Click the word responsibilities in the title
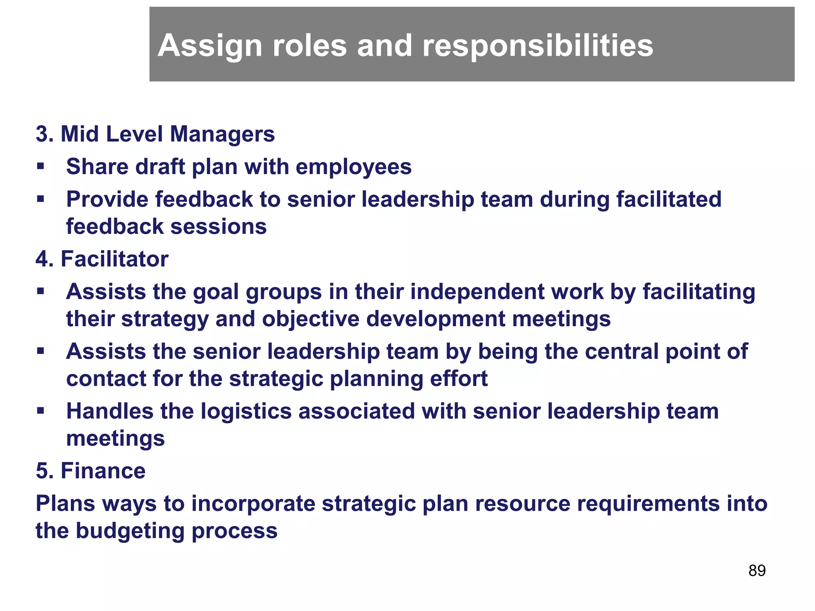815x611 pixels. (537, 46)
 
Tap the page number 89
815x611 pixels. (757, 570)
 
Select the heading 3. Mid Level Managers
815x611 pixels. (155, 134)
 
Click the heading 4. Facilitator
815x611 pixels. (102, 259)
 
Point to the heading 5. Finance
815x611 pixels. (91, 471)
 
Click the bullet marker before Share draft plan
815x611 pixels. (40, 166)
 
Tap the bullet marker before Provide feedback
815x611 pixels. (40, 199)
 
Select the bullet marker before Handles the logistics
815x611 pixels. (40, 411)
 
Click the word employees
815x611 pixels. (353, 167)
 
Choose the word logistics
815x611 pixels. (246, 411)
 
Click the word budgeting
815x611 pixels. (130, 531)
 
